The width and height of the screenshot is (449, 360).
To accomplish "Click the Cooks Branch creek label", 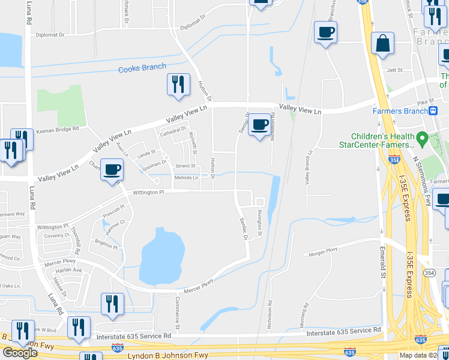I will pyautogui.click(x=142, y=68).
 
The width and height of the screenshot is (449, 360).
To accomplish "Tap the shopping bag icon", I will pyautogui.click(x=382, y=44).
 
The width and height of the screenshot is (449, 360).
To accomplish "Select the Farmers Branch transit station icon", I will pyautogui.click(x=433, y=110).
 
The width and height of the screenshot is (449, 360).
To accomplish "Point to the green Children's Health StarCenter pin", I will pyautogui.click(x=423, y=140).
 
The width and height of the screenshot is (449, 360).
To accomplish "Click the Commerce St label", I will pyautogui.click(x=177, y=307).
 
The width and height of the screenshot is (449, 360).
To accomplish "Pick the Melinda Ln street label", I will pyautogui.click(x=186, y=178).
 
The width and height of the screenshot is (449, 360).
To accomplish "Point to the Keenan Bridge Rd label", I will pyautogui.click(x=58, y=129).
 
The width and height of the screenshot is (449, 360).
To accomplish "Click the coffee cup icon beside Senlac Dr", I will pyautogui.click(x=259, y=125).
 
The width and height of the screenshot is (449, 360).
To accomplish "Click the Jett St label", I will pyautogui.click(x=394, y=70).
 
